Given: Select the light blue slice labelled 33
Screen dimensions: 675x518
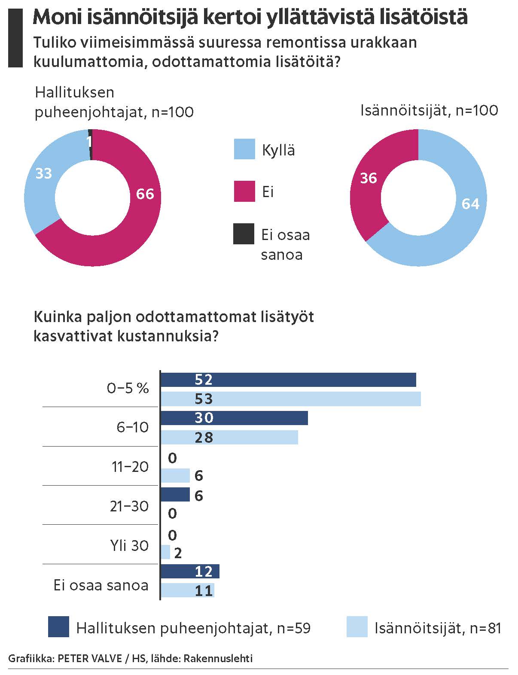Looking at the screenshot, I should (x=43, y=180).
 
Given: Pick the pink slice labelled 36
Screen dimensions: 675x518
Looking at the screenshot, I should (x=367, y=180).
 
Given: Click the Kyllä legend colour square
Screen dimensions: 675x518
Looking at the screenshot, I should (x=244, y=149).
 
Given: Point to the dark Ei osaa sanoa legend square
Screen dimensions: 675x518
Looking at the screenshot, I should (x=244, y=234).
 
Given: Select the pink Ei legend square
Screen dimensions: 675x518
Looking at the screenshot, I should (x=244, y=191).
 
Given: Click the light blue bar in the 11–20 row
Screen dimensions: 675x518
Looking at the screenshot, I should (x=175, y=476).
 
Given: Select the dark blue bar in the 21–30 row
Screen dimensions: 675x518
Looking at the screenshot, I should (x=175, y=495).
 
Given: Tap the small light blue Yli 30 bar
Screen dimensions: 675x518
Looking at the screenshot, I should (x=166, y=552).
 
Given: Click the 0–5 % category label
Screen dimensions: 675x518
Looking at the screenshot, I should (x=128, y=389).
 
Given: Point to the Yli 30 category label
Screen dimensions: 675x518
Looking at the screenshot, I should (x=129, y=546).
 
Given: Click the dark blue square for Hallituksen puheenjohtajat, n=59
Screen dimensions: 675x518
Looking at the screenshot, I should (x=58, y=627).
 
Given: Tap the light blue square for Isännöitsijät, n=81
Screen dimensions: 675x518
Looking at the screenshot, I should (x=357, y=627).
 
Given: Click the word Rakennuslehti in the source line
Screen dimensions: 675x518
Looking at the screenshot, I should (x=218, y=658).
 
